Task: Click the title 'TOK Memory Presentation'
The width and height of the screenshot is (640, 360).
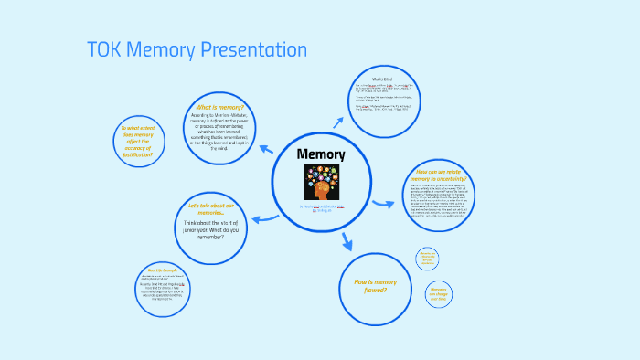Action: pos(197,49)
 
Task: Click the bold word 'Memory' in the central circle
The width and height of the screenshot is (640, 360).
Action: pos(321,154)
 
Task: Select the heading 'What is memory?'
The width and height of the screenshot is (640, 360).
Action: pos(219,106)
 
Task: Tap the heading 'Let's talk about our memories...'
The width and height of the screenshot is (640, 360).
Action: pos(211,206)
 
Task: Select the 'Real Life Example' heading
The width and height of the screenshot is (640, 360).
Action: pos(165,270)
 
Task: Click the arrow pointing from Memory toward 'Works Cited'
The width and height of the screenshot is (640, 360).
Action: pos(337,122)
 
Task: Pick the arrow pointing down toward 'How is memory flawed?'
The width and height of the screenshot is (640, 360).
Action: pos(347,242)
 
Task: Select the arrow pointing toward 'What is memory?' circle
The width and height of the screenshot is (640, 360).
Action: pos(266,148)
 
